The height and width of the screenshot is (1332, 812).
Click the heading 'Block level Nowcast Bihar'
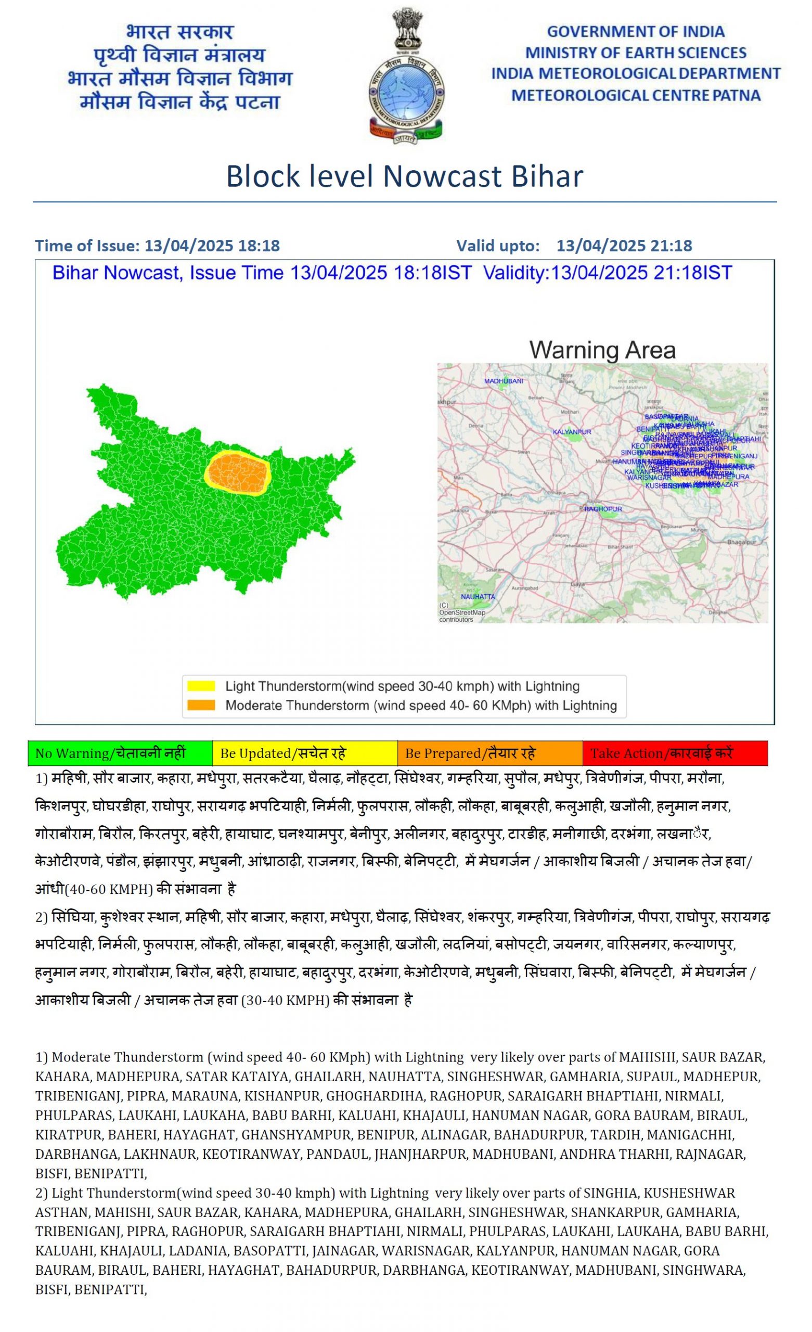tap(404, 176)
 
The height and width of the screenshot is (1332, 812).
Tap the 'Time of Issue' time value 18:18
tap(259, 246)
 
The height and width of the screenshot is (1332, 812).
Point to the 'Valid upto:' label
tap(498, 246)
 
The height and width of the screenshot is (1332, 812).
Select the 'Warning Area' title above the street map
tap(602, 350)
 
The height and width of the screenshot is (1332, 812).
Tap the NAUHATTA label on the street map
tap(478, 597)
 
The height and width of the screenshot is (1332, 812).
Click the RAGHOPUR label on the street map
tap(603, 509)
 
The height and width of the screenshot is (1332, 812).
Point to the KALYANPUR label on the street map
tap(572, 432)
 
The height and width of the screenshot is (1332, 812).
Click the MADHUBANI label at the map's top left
tap(504, 381)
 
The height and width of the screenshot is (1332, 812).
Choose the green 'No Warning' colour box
tap(120, 753)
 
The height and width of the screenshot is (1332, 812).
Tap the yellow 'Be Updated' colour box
tap(305, 753)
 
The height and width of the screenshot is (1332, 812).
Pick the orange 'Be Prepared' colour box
tap(490, 753)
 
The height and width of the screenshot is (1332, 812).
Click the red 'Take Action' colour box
tap(675, 753)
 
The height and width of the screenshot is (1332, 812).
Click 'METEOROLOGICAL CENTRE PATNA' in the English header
tap(636, 96)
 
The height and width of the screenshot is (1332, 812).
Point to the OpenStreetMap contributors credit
tap(462, 613)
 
